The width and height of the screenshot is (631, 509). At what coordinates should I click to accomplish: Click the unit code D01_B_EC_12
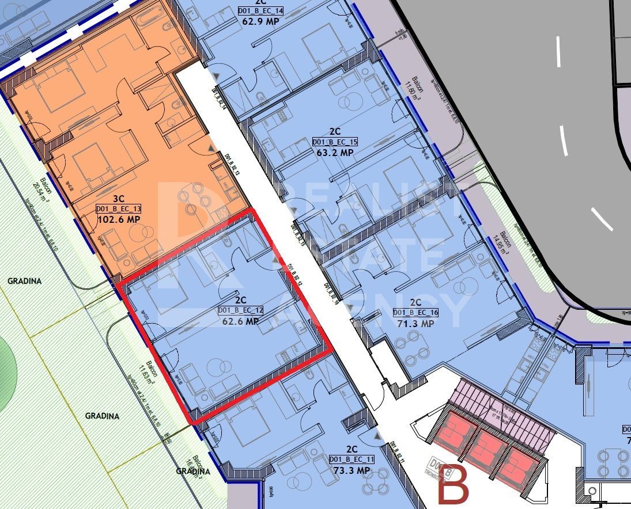(241, 311)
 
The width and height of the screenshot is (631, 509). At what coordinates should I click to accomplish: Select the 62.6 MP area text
(241, 322)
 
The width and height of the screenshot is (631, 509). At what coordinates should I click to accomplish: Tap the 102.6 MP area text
(119, 219)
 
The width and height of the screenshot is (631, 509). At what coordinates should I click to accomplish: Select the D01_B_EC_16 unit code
(415, 313)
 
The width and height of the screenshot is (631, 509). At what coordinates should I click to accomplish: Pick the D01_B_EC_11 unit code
(352, 459)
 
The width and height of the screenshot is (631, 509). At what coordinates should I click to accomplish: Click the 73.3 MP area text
(352, 470)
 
